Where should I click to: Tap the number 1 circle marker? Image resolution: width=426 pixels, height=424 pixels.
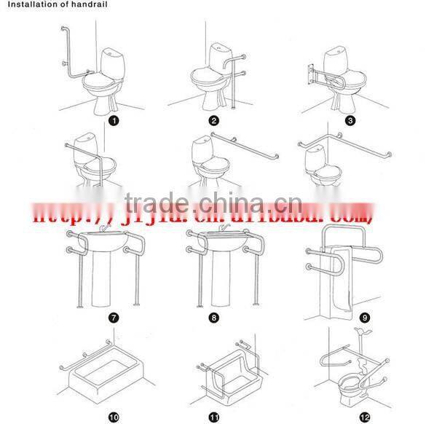click(x=113, y=120)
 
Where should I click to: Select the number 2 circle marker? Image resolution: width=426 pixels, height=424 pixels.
click(x=214, y=120)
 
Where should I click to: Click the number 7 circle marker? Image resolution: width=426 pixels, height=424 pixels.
click(x=113, y=317)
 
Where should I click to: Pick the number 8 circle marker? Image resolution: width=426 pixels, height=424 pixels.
click(x=213, y=317)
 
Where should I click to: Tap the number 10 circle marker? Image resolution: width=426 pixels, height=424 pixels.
click(x=113, y=417)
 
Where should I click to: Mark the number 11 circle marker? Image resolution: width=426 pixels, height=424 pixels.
click(x=213, y=417)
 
